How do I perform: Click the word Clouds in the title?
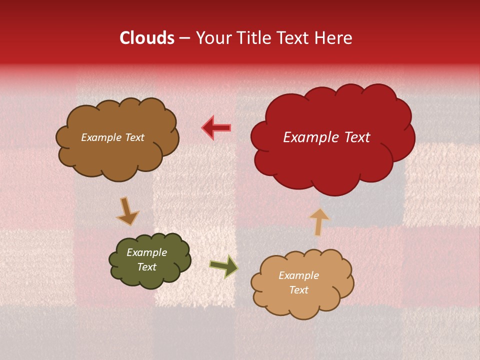[147, 38]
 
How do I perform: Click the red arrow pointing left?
[216, 127]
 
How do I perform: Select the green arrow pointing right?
[223, 267]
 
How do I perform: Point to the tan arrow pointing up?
[319, 221]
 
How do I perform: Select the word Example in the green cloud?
[146, 252]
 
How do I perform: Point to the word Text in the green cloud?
[146, 267]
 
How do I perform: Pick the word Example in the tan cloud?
[298, 275]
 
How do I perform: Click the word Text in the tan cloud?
[298, 290]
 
